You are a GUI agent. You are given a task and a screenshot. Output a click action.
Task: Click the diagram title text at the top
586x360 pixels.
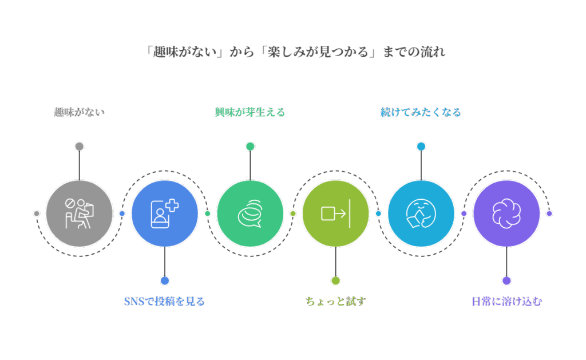click(x=295, y=52)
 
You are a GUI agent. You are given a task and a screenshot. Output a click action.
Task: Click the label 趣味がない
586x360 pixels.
click(x=79, y=112)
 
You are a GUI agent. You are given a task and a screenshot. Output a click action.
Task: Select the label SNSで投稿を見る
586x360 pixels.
click(x=164, y=301)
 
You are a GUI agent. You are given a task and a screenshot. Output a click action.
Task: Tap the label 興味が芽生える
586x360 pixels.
click(x=250, y=112)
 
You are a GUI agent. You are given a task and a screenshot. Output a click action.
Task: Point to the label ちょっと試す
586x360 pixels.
click(x=335, y=301)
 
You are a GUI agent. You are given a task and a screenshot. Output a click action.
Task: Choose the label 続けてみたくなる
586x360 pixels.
click(x=421, y=112)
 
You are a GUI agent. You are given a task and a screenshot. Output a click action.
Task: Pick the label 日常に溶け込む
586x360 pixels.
click(x=506, y=301)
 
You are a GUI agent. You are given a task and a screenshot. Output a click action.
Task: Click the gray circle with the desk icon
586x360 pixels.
click(x=79, y=213)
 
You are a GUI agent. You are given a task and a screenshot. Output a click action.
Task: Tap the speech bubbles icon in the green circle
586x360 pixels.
click(x=250, y=213)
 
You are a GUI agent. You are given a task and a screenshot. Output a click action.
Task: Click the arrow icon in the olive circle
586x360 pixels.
click(x=335, y=213)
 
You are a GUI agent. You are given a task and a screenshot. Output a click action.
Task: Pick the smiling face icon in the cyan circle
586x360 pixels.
click(x=421, y=213)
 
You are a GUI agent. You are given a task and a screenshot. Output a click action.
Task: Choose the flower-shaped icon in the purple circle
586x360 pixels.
click(x=506, y=213)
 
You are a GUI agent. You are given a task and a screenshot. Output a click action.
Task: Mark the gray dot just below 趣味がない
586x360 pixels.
click(x=79, y=147)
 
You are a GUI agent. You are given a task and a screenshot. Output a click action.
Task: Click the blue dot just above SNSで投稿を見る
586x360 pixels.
click(x=165, y=280)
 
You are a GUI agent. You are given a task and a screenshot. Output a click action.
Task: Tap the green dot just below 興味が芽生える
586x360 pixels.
click(x=250, y=147)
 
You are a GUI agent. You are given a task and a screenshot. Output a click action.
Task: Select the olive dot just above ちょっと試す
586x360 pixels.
click(x=335, y=280)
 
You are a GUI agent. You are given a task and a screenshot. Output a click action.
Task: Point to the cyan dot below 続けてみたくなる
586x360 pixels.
click(x=421, y=147)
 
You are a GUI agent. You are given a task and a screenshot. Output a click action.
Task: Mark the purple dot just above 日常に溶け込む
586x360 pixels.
click(x=506, y=280)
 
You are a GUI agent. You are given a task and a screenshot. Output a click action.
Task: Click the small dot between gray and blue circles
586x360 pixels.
click(x=122, y=213)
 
